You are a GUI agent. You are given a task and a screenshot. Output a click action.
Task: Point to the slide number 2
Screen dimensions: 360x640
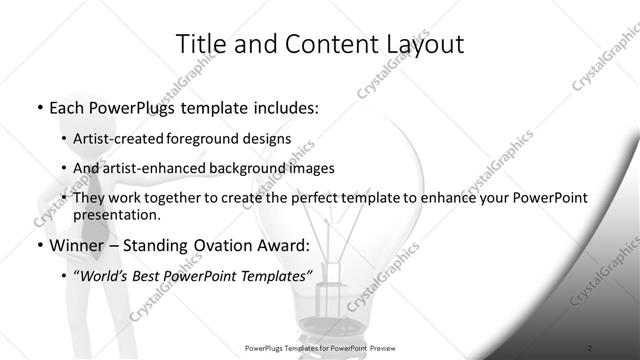coord(590,347)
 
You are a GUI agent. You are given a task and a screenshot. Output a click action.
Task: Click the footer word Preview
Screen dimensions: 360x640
coord(380,347)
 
